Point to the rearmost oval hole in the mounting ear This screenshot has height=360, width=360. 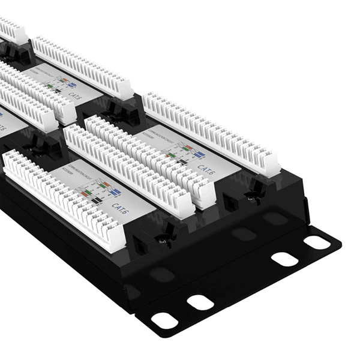(x=316, y=242)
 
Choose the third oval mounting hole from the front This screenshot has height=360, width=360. (x=284, y=259)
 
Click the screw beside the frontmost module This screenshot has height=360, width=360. (x=161, y=240)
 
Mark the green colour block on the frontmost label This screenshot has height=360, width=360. (x=88, y=193)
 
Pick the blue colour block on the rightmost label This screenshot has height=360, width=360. (x=199, y=154)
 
